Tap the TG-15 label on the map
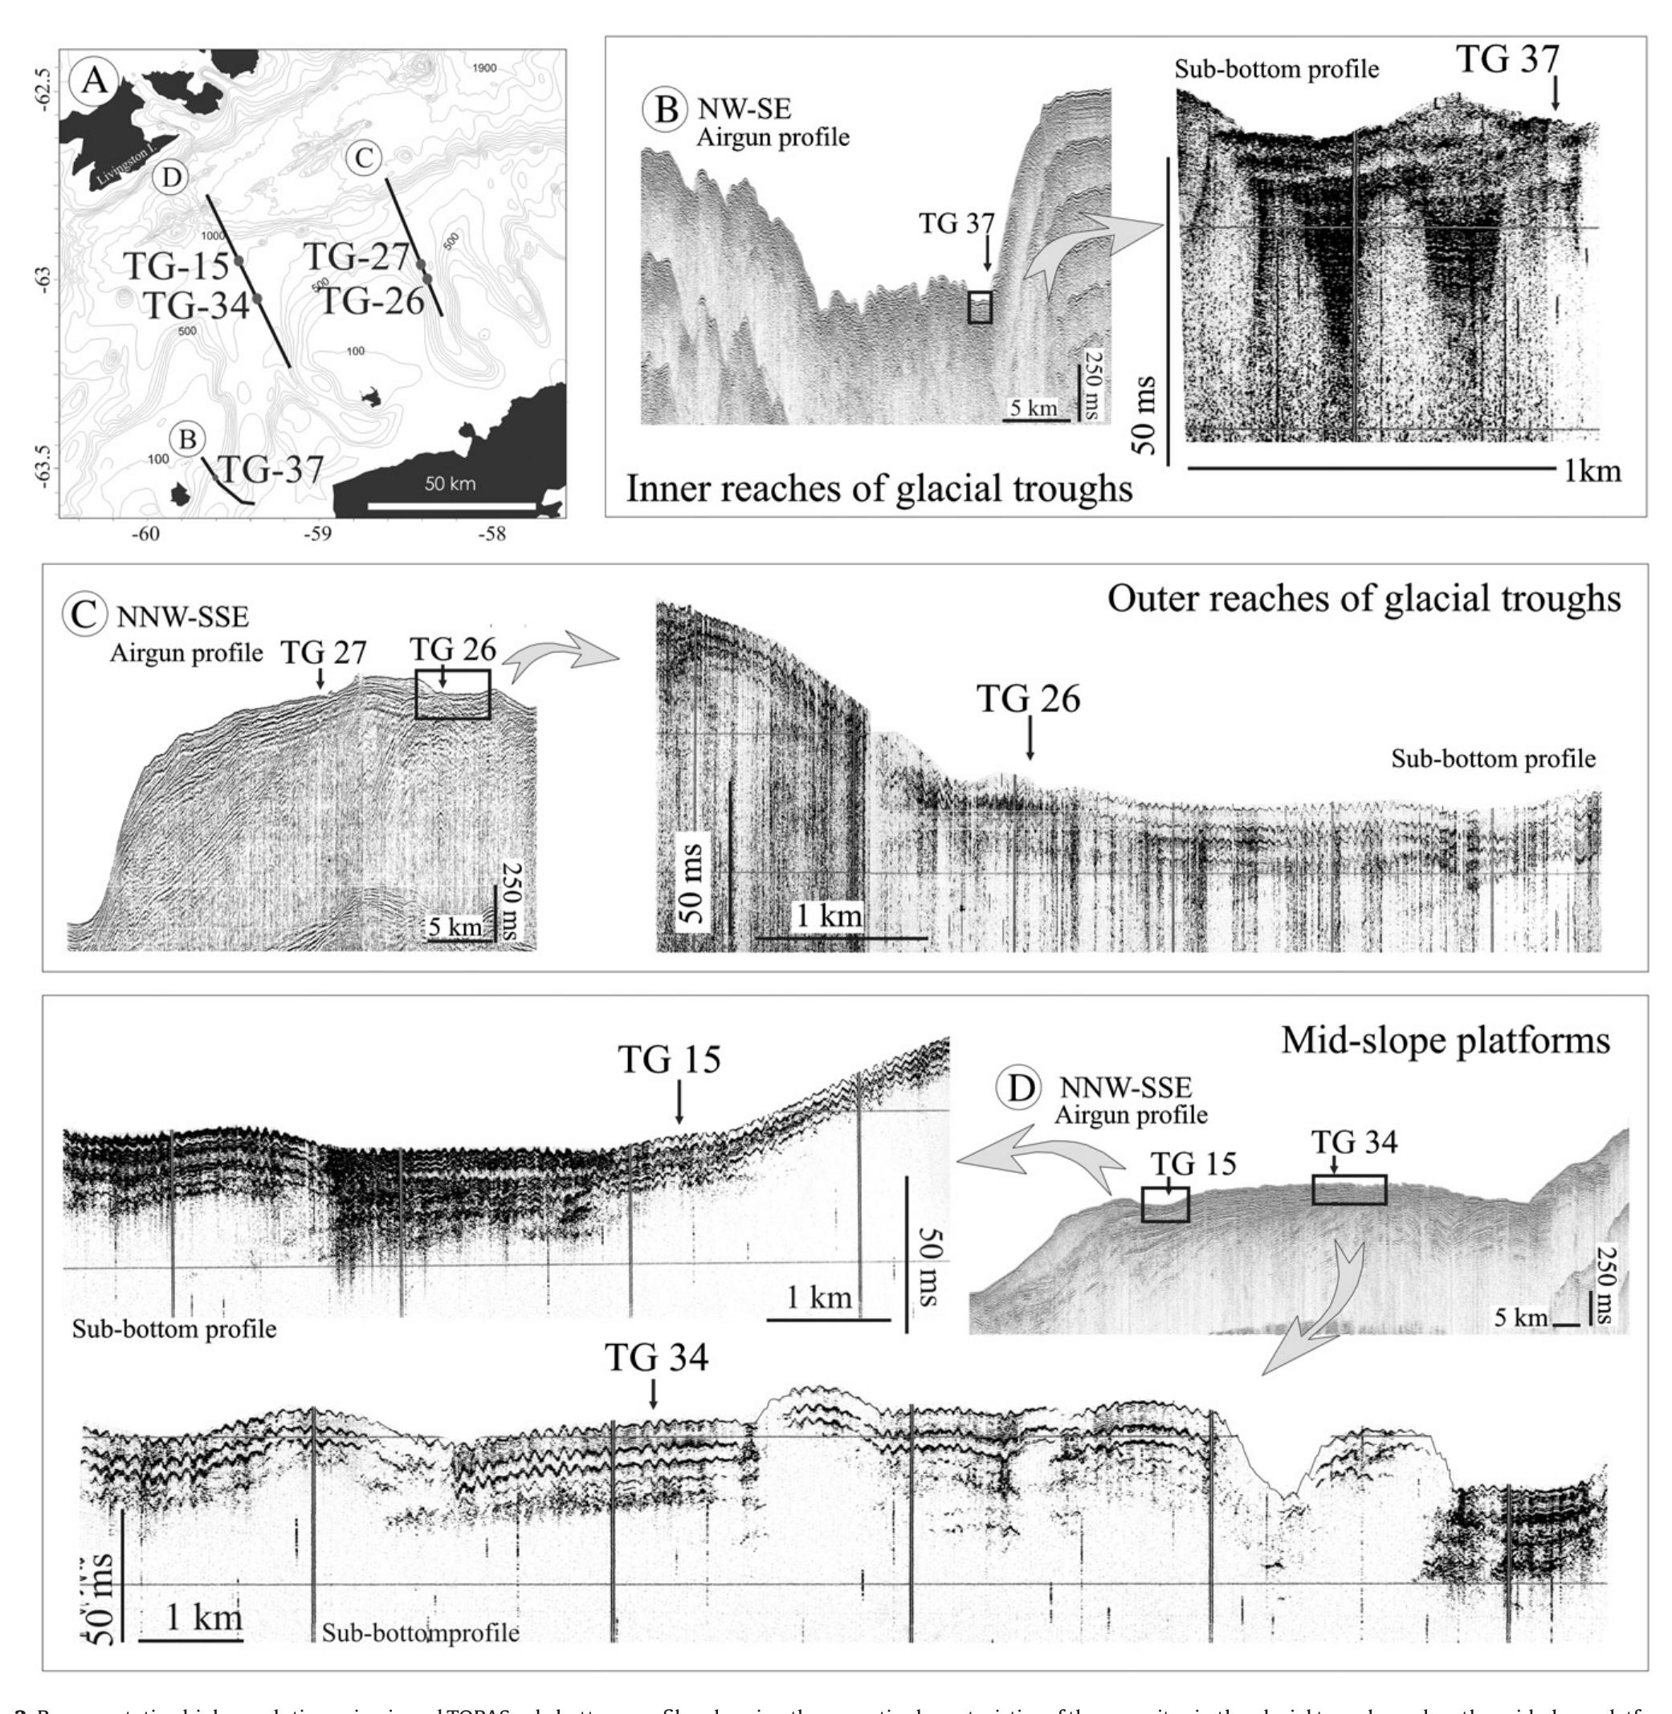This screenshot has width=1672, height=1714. click(x=175, y=264)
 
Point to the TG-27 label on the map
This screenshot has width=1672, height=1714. click(x=357, y=257)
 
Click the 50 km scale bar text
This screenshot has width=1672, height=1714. click(x=450, y=484)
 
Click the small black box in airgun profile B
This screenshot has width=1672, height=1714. click(x=980, y=307)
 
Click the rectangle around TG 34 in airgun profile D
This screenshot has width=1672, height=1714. click(x=1349, y=1189)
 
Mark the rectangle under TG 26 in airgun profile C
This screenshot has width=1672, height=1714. click(x=452, y=694)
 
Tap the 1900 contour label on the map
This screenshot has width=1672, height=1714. click(x=484, y=68)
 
